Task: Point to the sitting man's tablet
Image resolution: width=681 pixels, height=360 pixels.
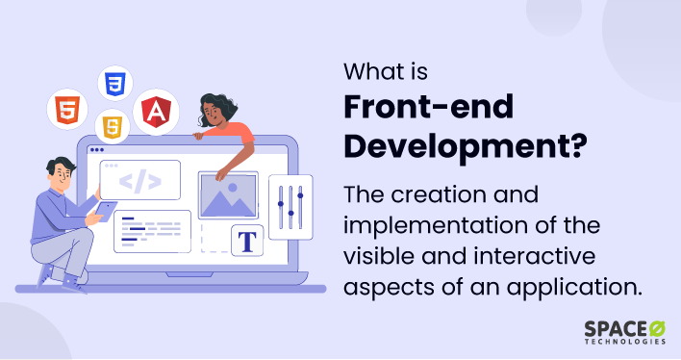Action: (105, 211)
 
